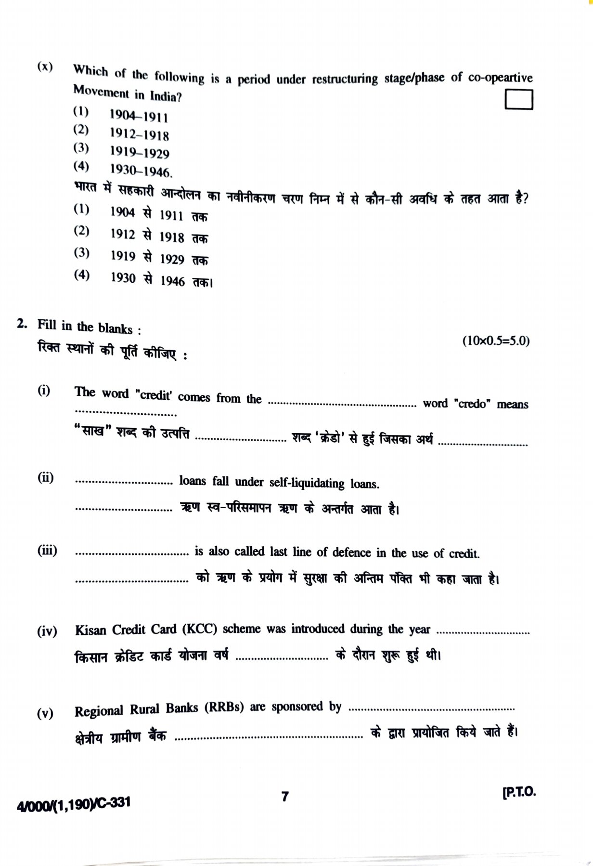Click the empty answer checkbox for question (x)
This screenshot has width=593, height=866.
pyautogui.click(x=519, y=100)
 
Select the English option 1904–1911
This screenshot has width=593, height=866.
pyautogui.click(x=139, y=116)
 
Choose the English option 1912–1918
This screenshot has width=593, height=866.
pyautogui.click(x=139, y=134)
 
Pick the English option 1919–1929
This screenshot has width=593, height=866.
pyautogui.click(x=140, y=153)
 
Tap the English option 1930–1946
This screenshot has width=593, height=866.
pyautogui.click(x=141, y=171)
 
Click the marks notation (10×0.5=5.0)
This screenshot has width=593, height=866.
pyautogui.click(x=496, y=341)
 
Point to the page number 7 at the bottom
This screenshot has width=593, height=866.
pyautogui.click(x=285, y=796)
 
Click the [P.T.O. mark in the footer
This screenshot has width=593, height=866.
pyautogui.click(x=518, y=792)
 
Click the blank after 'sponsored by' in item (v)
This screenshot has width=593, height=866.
pyautogui.click(x=431, y=709)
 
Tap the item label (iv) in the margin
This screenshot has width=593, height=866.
pyautogui.click(x=47, y=631)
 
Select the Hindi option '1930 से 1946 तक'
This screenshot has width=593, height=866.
pyautogui.click(x=161, y=280)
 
